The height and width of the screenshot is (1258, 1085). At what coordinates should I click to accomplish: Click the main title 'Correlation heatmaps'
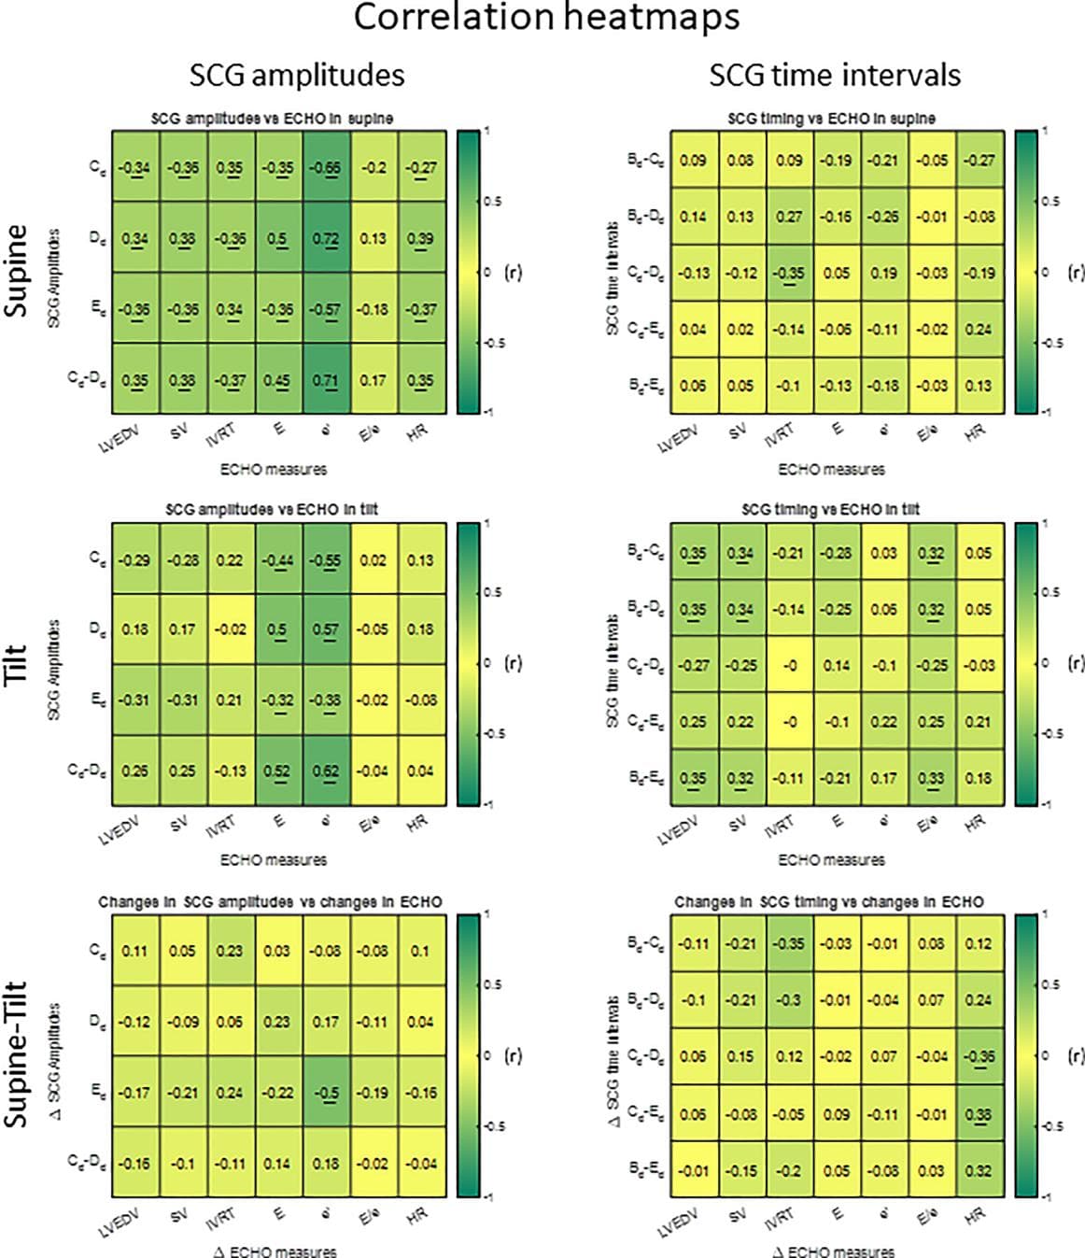click(546, 19)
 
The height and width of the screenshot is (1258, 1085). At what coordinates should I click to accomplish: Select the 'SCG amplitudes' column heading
click(297, 75)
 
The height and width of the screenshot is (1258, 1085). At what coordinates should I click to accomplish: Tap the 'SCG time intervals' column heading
click(835, 75)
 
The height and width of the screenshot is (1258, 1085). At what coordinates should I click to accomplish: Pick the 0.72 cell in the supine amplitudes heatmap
click(326, 238)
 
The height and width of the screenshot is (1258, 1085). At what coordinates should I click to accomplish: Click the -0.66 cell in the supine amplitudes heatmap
click(326, 168)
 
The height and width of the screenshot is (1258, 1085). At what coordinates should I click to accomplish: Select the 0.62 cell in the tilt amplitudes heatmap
click(326, 771)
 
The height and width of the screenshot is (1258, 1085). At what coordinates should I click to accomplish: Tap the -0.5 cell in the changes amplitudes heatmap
click(326, 1093)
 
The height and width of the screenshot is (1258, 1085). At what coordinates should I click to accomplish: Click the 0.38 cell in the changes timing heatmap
click(978, 1114)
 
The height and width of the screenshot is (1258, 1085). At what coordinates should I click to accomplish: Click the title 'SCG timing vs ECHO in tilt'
click(830, 510)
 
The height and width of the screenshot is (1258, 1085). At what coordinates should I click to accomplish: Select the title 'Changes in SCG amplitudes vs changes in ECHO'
click(270, 902)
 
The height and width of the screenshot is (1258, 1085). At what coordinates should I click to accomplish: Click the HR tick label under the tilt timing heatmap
click(974, 824)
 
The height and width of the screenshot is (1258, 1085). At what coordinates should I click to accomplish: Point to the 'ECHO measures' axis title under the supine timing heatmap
click(831, 469)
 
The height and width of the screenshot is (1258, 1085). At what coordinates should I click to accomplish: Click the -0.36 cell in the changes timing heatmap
click(978, 1057)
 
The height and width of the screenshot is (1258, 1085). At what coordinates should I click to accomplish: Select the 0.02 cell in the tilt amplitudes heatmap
click(373, 560)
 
